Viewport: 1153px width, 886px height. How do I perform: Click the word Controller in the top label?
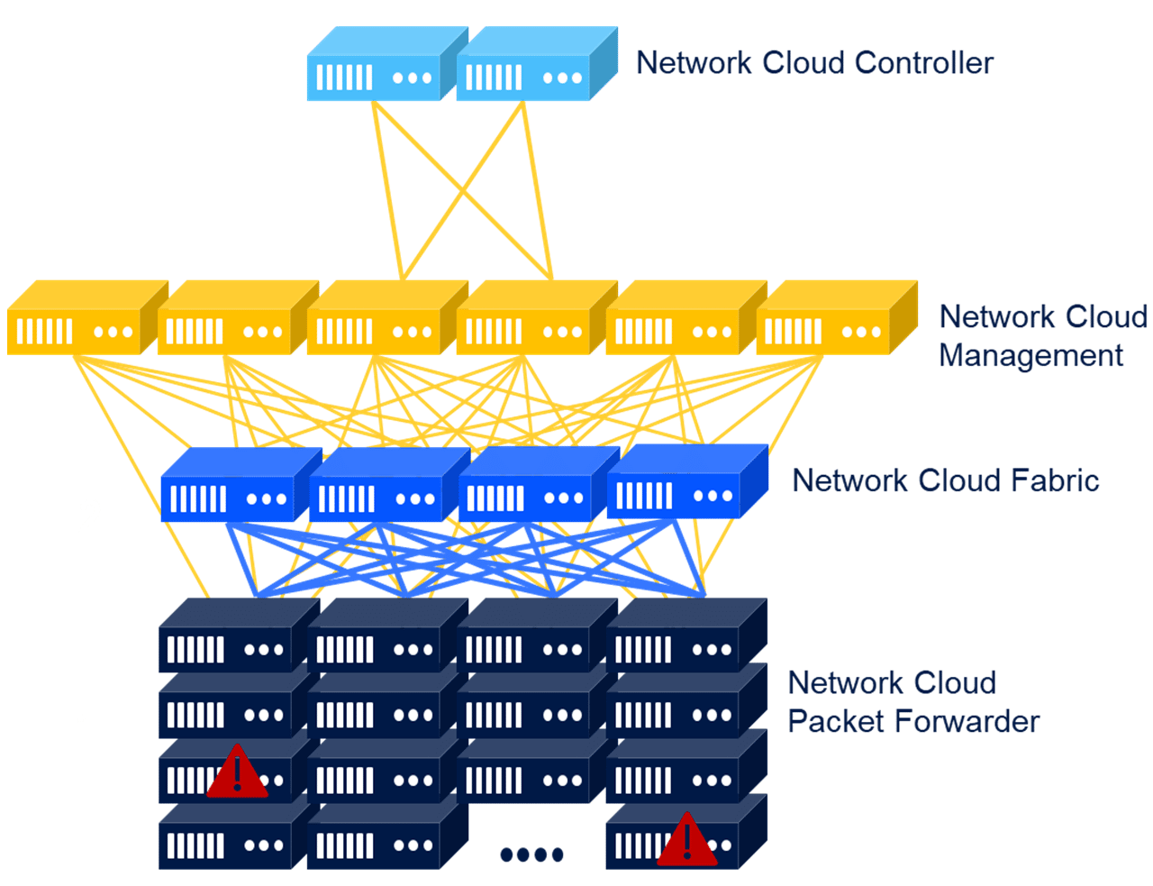(x=923, y=63)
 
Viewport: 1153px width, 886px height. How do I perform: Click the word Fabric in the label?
(x=1053, y=480)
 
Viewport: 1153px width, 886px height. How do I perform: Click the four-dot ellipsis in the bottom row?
(x=531, y=854)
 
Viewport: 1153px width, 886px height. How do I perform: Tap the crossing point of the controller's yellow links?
(x=463, y=191)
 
